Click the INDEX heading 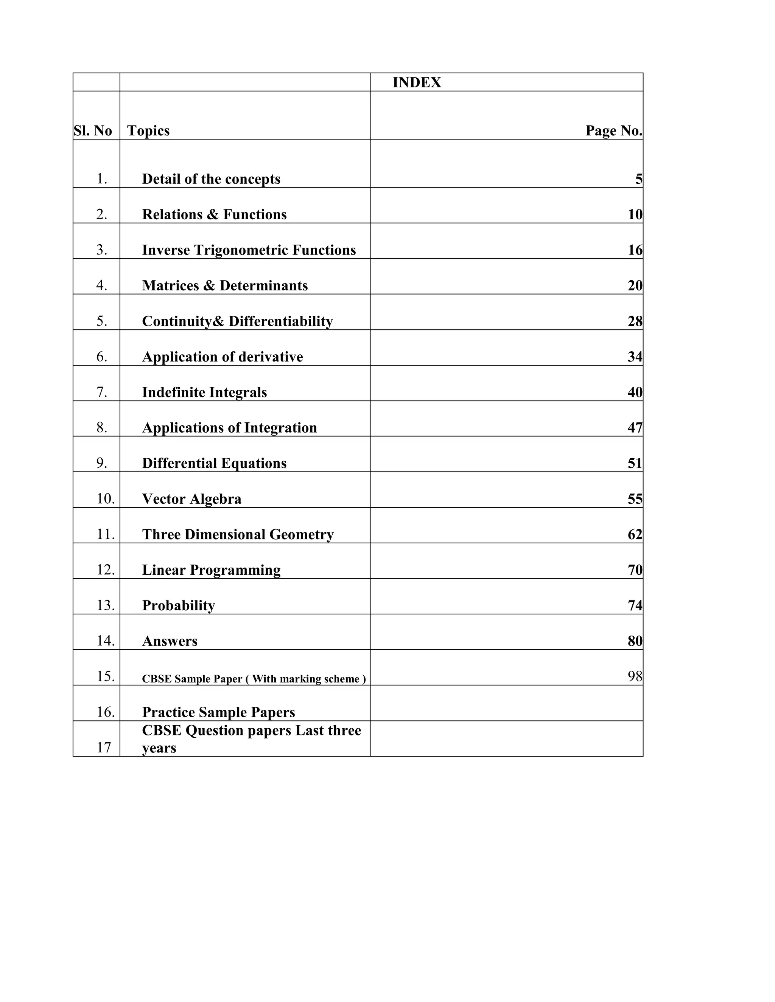point(416,82)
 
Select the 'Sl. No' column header point(93,131)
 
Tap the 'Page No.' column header point(613,131)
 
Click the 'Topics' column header point(148,131)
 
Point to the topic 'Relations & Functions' point(214,214)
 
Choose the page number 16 point(635,250)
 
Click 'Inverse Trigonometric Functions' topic point(249,250)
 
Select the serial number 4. point(101,285)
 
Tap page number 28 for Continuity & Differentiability point(635,321)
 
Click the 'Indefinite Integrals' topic point(204,392)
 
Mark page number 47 point(635,428)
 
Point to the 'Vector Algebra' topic point(191,499)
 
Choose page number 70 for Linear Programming point(635,570)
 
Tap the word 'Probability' point(179,606)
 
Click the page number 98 point(635,676)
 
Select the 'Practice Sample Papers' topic point(219,712)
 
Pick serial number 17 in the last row point(104,748)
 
